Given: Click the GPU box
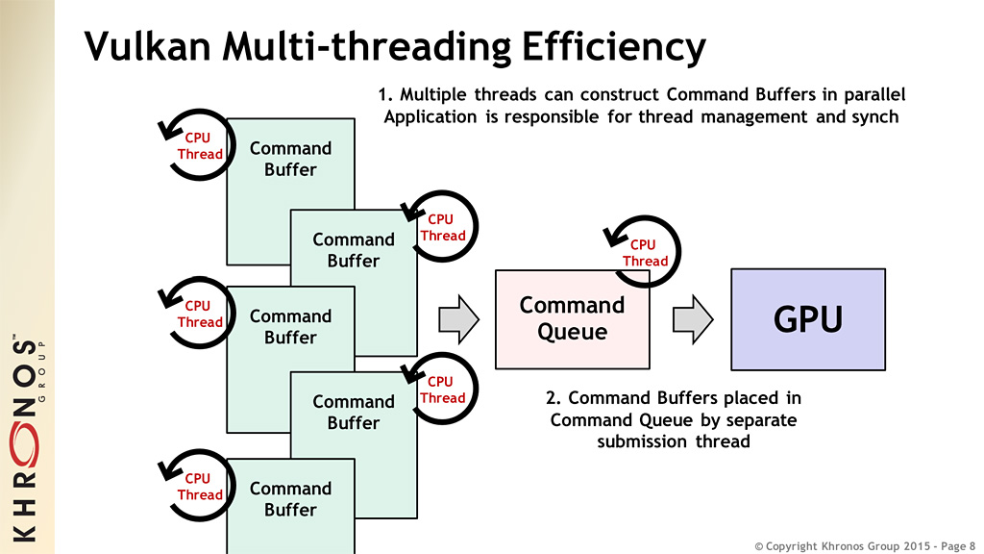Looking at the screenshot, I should (x=808, y=319).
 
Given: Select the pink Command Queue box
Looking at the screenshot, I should (x=572, y=319).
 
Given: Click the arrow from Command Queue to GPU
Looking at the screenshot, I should (x=693, y=318).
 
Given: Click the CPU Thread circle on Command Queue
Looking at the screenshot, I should (x=642, y=252).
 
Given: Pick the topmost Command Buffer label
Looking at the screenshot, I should (x=290, y=159).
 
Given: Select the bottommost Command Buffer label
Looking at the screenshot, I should (x=290, y=499).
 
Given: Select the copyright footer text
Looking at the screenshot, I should (x=865, y=545).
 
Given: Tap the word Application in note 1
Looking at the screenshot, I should (x=430, y=117).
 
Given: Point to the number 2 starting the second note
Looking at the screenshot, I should (x=551, y=397).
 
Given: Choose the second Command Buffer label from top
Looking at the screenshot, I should (x=353, y=250).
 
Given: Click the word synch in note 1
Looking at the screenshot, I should (x=873, y=117).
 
